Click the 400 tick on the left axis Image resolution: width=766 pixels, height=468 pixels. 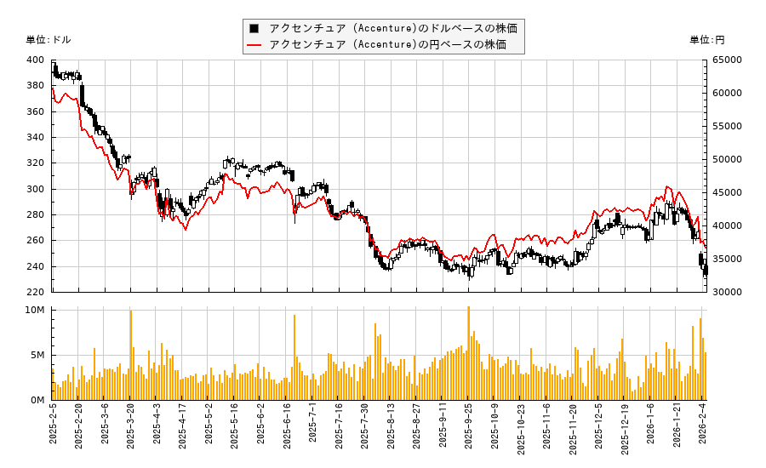click(x=36, y=60)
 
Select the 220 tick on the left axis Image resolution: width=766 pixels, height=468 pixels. click(x=36, y=292)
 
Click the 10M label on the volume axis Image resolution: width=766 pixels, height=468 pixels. click(x=35, y=311)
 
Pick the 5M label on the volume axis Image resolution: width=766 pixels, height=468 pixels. click(x=37, y=355)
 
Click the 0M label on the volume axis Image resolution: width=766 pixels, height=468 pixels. click(x=37, y=400)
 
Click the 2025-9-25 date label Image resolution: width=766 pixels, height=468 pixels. click(x=468, y=430)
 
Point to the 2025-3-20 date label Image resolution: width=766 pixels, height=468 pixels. click(x=130, y=430)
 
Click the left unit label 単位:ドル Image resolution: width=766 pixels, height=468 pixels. click(x=49, y=40)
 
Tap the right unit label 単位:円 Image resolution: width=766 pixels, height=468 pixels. click(x=707, y=40)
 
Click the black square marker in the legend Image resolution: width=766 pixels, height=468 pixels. click(x=253, y=28)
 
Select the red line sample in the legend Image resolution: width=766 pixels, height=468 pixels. click(x=253, y=44)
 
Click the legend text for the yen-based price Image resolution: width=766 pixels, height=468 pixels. click(x=387, y=44)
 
